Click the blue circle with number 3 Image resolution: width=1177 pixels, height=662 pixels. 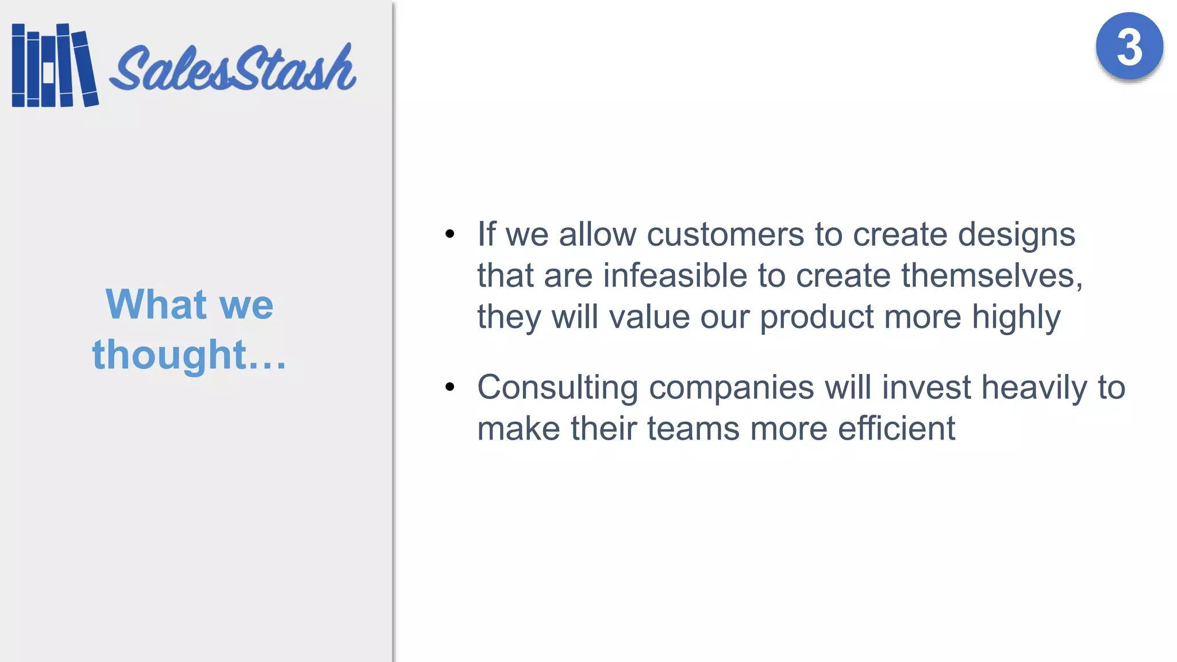tap(1129, 47)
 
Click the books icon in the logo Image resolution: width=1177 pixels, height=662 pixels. tap(55, 66)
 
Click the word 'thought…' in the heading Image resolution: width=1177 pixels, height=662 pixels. tap(189, 354)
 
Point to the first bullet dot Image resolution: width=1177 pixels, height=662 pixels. tap(449, 234)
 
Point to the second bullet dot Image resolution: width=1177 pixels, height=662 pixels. tap(449, 387)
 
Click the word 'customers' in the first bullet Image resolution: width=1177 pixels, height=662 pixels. tap(725, 234)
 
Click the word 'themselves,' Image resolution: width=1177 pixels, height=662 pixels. tap(992, 275)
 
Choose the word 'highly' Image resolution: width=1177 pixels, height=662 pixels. tap(1016, 318)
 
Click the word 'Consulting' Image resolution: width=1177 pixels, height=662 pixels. tap(557, 387)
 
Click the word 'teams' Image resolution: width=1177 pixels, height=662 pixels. tap(693, 429)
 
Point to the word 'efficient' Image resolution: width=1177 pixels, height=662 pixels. tap(897, 429)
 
